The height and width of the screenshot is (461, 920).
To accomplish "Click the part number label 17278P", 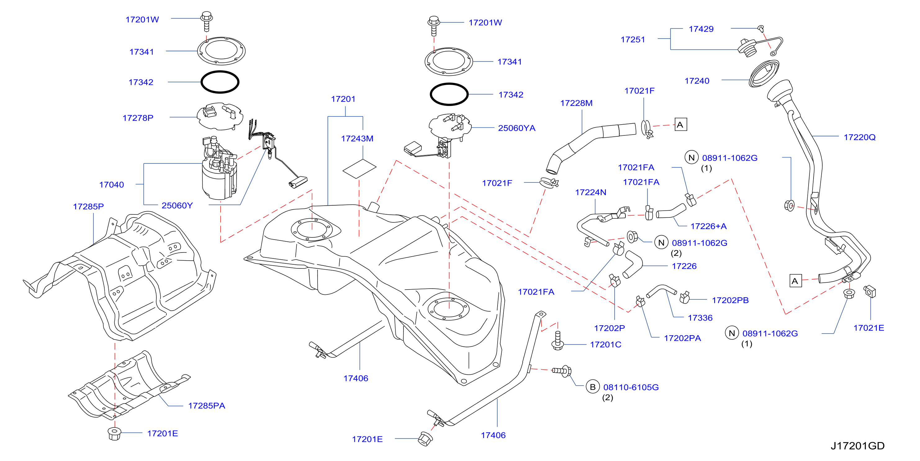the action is (x=138, y=118).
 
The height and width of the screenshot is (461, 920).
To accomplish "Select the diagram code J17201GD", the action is (x=858, y=446).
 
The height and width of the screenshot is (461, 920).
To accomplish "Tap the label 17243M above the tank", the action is (x=357, y=139).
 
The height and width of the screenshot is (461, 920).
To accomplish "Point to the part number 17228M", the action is (x=576, y=103).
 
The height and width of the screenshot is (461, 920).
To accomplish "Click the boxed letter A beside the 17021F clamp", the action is (x=680, y=125).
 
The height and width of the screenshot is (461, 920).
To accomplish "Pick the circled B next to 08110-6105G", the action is (x=593, y=387).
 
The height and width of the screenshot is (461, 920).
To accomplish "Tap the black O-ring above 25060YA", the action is (x=449, y=94).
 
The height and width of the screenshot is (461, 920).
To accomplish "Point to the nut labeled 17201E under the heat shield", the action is (x=114, y=433).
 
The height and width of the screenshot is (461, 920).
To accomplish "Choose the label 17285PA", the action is (x=206, y=406).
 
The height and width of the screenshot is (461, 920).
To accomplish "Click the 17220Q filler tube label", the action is (x=859, y=137).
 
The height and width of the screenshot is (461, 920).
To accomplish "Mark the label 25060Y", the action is (x=177, y=205).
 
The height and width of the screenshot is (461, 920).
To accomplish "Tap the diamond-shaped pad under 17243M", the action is (x=359, y=169).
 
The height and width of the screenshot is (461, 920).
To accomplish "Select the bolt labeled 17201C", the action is (x=557, y=340).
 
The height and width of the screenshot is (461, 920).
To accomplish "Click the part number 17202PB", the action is (x=730, y=300).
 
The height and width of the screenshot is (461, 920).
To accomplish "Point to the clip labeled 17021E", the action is (x=870, y=291).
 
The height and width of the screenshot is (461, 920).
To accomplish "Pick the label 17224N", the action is (x=590, y=193).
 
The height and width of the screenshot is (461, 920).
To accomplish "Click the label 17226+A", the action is (x=708, y=226).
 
